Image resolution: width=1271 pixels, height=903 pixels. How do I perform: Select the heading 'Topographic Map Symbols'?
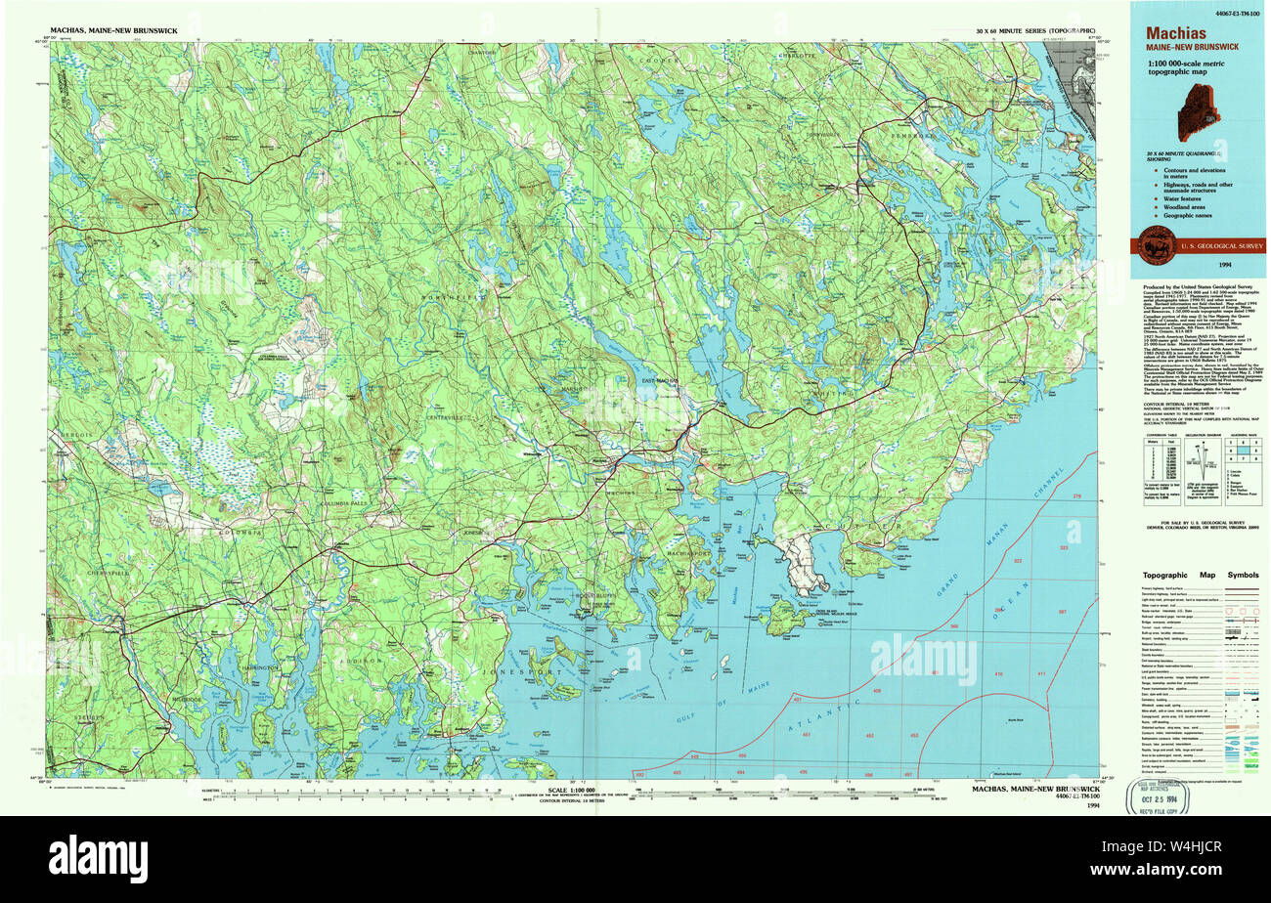coord(1202,575)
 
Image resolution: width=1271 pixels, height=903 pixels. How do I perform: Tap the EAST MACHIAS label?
coord(661,380)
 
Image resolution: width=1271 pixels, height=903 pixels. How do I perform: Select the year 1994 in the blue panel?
coord(1224,265)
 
